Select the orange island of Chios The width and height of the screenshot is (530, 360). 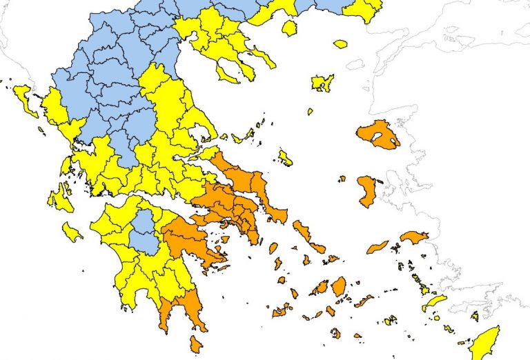[x=366, y=190]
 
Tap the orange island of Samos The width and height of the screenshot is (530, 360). [x=413, y=237]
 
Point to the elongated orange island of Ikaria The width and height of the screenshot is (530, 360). [x=377, y=246]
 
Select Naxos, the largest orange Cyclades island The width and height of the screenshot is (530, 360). [x=338, y=286]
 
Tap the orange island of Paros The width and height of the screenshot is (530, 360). [x=320, y=288]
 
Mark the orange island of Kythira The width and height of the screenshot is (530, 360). [x=197, y=343]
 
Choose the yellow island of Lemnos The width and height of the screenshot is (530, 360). [x=322, y=83]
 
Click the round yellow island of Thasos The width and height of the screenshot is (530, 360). [x=289, y=28]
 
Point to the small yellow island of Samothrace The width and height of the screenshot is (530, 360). [x=340, y=44]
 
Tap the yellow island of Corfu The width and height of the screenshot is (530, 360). [x=23, y=99]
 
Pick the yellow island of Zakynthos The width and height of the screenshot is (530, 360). [x=72, y=232]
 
